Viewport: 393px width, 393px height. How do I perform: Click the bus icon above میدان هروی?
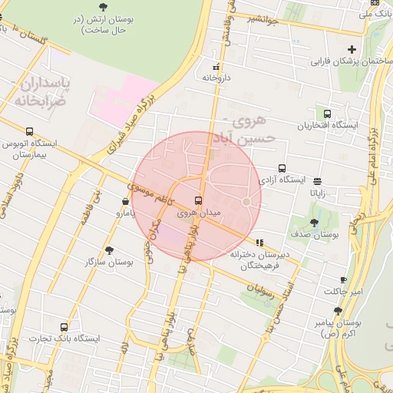(x=200, y=200)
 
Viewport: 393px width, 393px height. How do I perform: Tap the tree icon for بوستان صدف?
(x=314, y=223)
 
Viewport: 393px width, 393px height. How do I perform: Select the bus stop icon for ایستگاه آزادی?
(x=282, y=168)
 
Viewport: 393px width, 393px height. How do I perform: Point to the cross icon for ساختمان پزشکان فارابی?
(x=352, y=50)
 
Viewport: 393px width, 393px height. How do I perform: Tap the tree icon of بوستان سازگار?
(x=109, y=250)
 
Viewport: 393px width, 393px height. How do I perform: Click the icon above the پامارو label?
(x=125, y=202)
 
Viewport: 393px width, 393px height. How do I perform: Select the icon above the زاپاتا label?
(x=318, y=182)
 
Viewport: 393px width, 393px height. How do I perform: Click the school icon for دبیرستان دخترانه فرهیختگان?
(x=260, y=243)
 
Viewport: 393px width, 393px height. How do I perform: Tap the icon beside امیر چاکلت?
(x=342, y=280)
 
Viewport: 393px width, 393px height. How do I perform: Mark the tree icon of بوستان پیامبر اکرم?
(x=338, y=312)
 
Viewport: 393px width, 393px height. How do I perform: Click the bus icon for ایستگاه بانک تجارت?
(x=64, y=327)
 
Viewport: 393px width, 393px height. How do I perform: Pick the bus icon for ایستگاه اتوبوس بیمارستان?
(x=30, y=131)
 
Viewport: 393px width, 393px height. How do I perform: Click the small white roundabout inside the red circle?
(x=247, y=201)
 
